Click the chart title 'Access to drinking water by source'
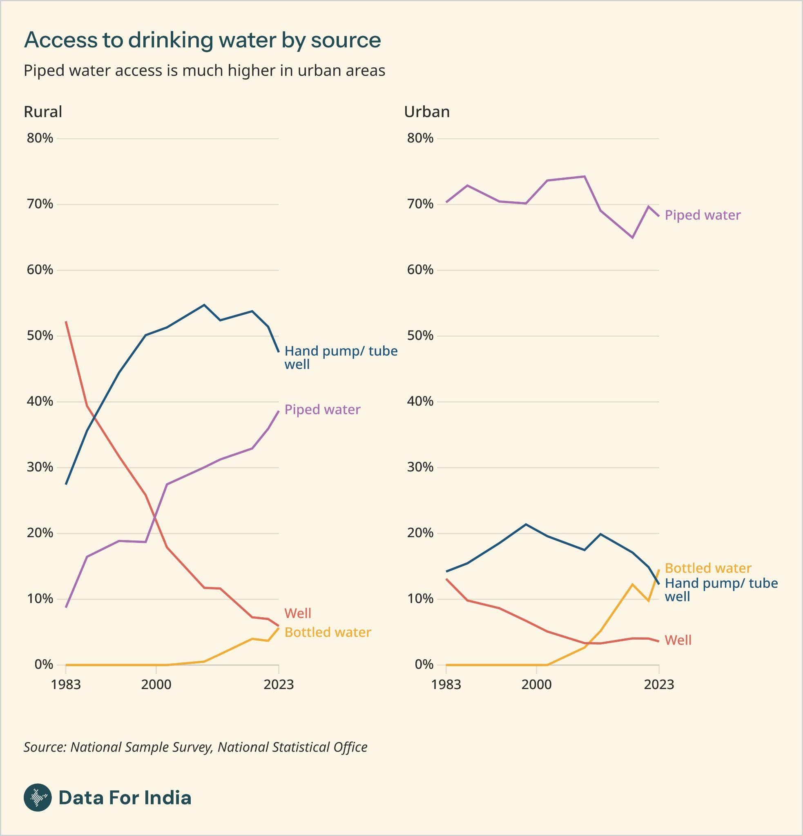coord(202,40)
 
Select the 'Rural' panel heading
coord(42,112)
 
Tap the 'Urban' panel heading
coord(427,112)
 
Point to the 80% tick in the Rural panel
coord(40,138)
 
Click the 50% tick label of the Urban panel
coord(420,336)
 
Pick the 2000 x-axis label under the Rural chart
coord(156,685)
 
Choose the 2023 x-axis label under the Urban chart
coord(659,685)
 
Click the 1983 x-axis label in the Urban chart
coord(446,685)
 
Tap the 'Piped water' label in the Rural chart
coord(322,409)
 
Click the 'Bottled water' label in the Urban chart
coord(708,568)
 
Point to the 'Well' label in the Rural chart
coord(297,614)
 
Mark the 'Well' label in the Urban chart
coord(678,640)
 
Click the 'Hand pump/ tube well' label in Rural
coord(341,358)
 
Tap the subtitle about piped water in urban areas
coord(204,71)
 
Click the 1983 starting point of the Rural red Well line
coord(66,322)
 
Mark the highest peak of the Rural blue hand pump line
coord(204,305)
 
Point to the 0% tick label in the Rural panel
coord(44,665)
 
